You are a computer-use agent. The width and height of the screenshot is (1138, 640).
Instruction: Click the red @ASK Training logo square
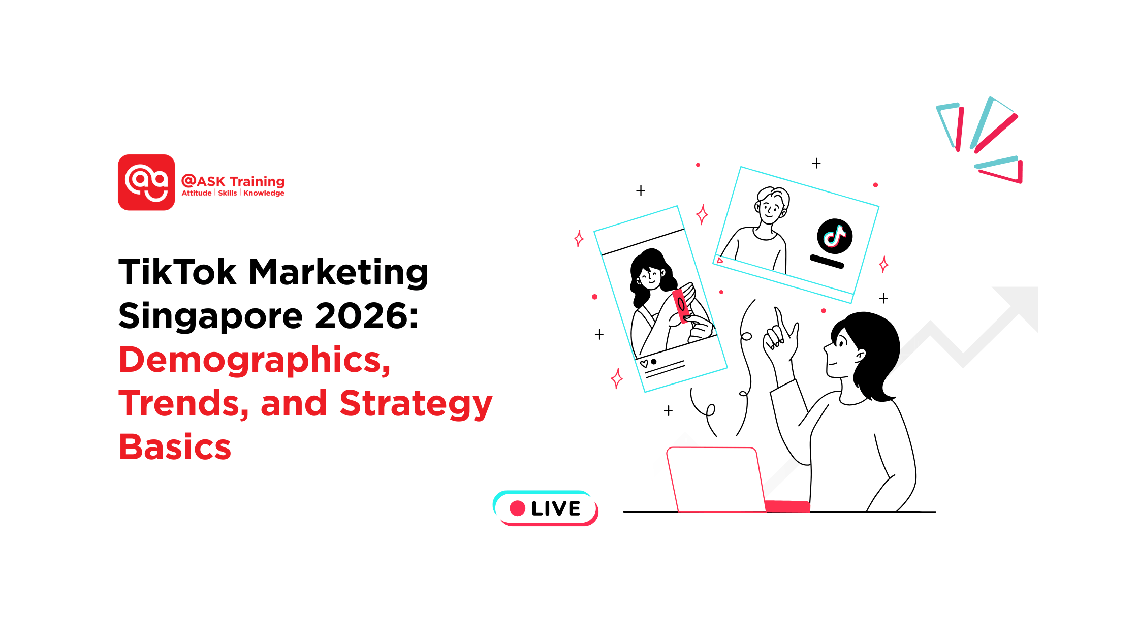pos(146,182)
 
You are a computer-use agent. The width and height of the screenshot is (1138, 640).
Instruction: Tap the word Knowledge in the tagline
pos(264,193)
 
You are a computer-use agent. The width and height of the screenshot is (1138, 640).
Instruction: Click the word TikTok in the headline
pos(177,272)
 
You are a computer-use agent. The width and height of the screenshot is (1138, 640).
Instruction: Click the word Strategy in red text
pos(416,404)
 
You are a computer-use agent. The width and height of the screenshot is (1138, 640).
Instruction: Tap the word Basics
pos(175,447)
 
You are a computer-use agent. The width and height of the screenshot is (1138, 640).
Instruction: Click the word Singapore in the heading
pos(210,316)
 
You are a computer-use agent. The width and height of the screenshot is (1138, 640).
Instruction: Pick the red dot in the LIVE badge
pos(517,508)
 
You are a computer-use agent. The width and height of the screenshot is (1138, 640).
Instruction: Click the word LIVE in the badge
pos(556,508)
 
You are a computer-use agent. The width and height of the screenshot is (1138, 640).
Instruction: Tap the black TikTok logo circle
pos(834,236)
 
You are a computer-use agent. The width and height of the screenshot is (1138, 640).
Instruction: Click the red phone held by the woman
pos(680,305)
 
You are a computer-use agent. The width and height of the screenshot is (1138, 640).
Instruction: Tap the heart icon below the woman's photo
pos(644,363)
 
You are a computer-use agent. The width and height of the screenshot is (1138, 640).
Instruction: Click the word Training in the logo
pos(257,181)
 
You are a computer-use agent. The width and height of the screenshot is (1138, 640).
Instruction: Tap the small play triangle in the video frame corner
pos(719,260)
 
